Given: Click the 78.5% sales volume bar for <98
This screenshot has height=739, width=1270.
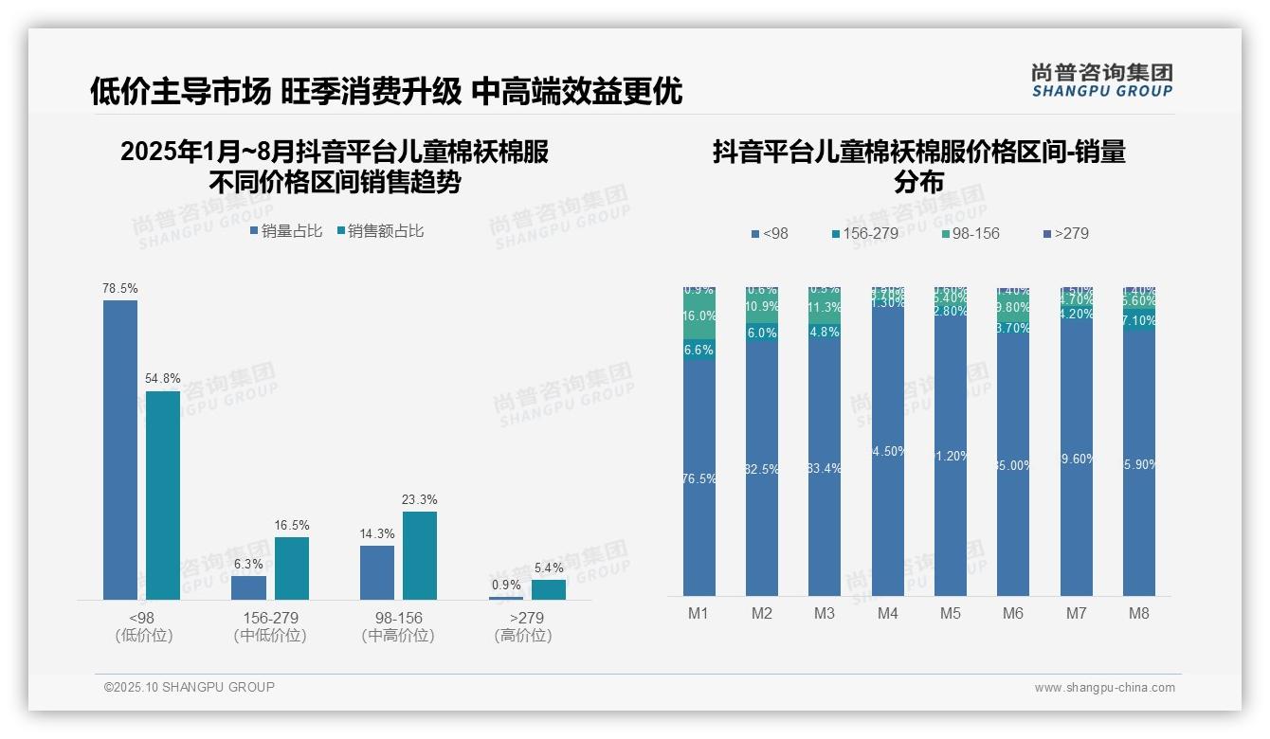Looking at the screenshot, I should click(x=120, y=450).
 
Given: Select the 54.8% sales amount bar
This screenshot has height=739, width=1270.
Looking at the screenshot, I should click(x=162, y=496).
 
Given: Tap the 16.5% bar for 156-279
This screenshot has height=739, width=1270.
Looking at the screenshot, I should click(x=292, y=568).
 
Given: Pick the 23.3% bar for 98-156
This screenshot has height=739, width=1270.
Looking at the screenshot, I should click(x=420, y=555).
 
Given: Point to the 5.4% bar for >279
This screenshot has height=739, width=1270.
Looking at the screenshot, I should click(x=548, y=589).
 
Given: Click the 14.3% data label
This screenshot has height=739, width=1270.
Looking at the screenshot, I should click(x=377, y=534).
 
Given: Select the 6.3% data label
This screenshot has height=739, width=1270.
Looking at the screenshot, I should click(x=248, y=564).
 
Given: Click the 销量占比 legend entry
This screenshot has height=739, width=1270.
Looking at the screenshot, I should click(x=286, y=231).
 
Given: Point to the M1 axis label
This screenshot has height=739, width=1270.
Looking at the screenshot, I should click(x=698, y=613).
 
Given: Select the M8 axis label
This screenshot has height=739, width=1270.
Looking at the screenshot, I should click(x=1139, y=613).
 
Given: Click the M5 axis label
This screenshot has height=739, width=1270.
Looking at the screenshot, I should click(x=951, y=613).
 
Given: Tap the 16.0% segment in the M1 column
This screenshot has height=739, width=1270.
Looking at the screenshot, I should click(x=699, y=316).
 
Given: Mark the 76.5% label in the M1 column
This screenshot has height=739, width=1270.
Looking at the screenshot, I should click(x=699, y=479).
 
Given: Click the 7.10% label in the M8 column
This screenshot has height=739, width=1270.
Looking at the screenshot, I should click(x=1139, y=321).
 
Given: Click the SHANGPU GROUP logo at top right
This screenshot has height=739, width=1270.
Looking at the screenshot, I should click(x=1102, y=81).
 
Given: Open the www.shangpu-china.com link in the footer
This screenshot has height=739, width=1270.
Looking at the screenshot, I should click(x=1104, y=688).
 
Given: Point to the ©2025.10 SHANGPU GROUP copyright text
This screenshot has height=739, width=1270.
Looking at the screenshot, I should click(x=190, y=688).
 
